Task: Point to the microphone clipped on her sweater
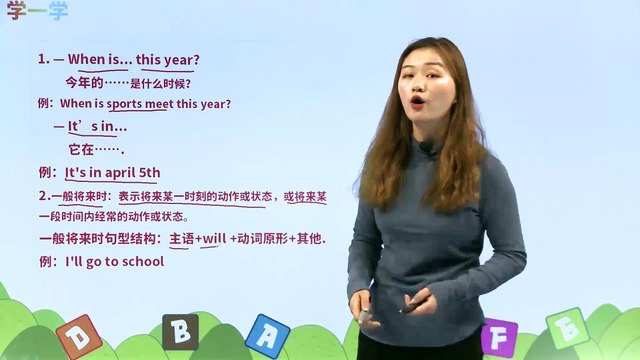coord(428,149)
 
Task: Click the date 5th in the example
coord(149,172)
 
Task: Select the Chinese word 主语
coord(181,240)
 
